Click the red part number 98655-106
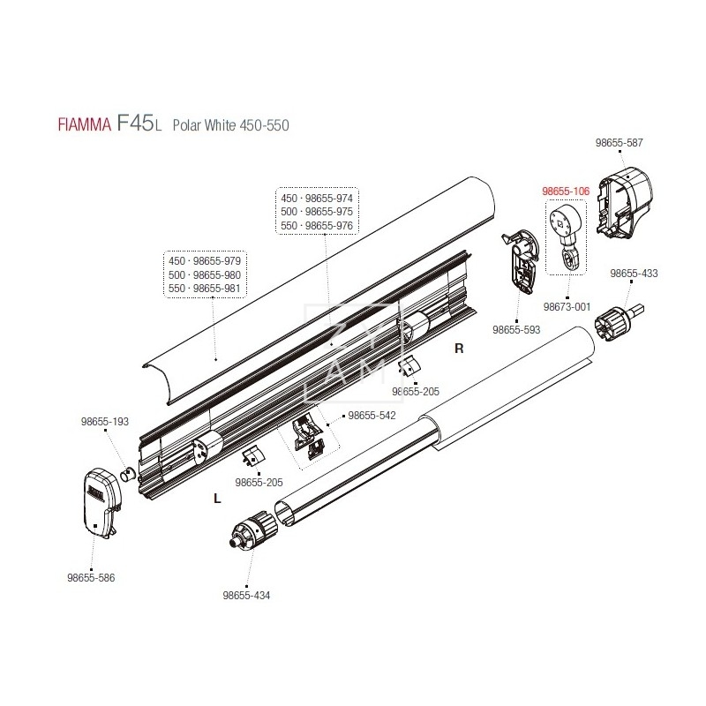click(565, 190)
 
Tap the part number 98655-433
click(634, 274)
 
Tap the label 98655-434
click(247, 595)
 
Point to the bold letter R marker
click(458, 348)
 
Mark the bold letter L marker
click(217, 498)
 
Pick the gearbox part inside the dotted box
click(565, 234)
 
